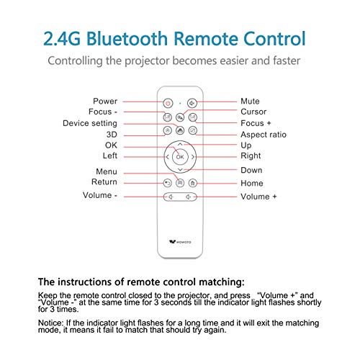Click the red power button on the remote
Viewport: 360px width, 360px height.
(x=168, y=103)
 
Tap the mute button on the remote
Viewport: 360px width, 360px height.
(x=192, y=103)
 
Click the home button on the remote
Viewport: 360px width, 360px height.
(x=192, y=183)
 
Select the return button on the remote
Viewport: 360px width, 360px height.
(x=168, y=183)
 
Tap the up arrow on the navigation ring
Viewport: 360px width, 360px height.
(x=180, y=144)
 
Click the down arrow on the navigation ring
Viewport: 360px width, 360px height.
(x=180, y=170)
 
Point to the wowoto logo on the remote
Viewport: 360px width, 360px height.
(x=180, y=242)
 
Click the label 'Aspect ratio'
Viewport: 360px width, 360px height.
(x=264, y=135)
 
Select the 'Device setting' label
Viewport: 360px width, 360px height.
(x=90, y=123)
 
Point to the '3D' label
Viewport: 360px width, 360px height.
(x=112, y=135)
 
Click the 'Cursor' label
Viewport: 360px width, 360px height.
(x=253, y=112)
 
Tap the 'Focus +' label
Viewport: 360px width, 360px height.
(x=256, y=123)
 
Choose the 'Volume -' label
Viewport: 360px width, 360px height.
(x=100, y=195)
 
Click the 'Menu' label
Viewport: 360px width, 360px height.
(x=107, y=171)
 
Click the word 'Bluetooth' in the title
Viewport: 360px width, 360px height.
(x=127, y=38)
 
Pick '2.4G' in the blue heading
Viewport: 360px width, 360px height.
(x=62, y=39)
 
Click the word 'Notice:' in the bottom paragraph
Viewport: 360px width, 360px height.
(x=51, y=323)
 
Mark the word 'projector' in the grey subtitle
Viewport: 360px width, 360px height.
(x=147, y=61)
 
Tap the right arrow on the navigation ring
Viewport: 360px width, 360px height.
(x=193, y=157)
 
